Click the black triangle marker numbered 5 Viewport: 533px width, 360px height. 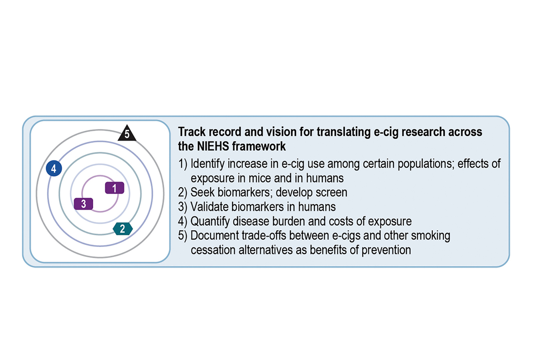coord(127,134)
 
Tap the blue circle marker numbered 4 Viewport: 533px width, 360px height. coord(54,169)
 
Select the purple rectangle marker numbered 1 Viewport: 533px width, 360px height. coord(115,188)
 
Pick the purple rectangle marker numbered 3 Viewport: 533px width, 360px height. coord(83,204)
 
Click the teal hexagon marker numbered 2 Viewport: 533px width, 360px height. coord(123,229)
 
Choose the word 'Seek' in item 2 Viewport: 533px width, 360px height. coord(202,192)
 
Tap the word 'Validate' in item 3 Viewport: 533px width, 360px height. coord(209,207)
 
